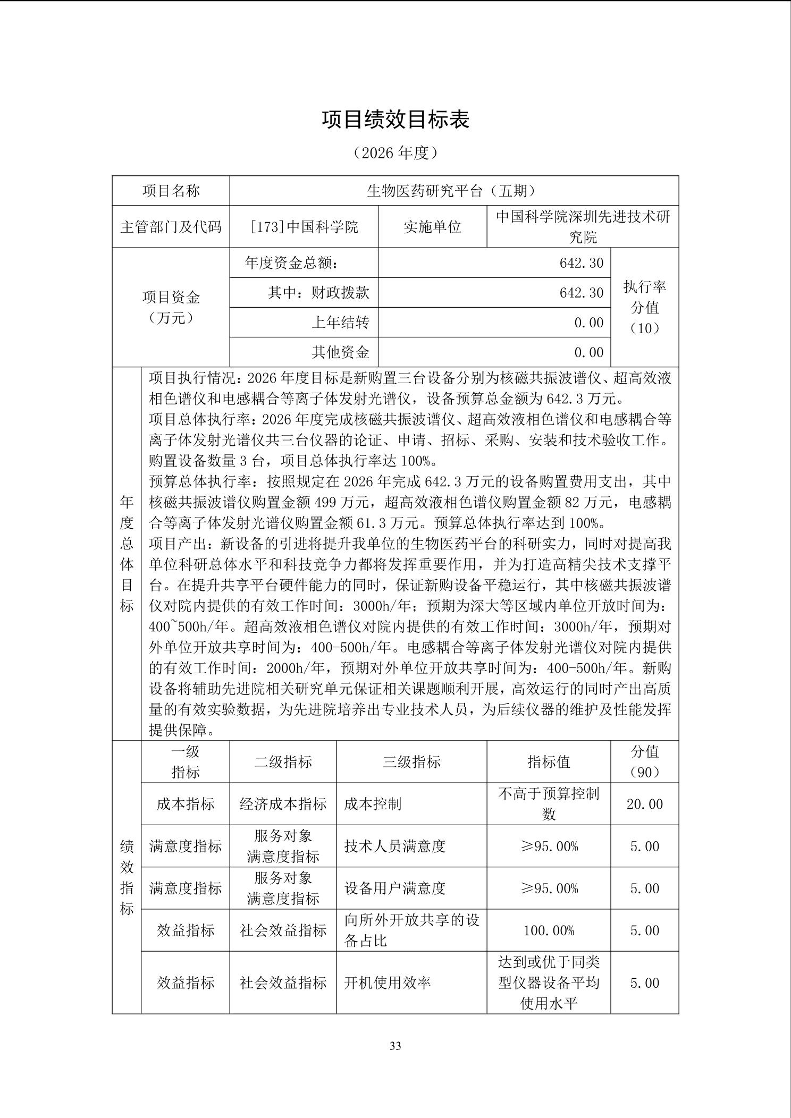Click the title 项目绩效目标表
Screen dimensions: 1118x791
(395, 120)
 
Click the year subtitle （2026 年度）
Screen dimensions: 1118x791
(395, 153)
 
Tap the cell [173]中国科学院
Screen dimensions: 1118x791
(304, 227)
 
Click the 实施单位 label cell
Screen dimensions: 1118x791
(432, 227)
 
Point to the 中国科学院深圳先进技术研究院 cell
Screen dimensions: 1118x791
(583, 227)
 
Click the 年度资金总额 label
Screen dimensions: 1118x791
(291, 262)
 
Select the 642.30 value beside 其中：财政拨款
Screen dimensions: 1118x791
(581, 293)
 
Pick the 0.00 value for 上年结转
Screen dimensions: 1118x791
(588, 323)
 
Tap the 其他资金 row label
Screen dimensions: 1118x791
(340, 352)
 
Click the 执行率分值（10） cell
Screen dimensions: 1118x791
(644, 307)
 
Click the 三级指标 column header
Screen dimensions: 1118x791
(411, 761)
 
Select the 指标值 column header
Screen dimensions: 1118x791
(549, 761)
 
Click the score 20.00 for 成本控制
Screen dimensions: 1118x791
(644, 803)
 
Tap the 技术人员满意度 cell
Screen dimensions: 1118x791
(394, 846)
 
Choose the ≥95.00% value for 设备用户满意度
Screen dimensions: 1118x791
(549, 888)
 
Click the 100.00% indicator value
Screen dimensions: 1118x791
(549, 930)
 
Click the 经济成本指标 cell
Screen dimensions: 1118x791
(283, 803)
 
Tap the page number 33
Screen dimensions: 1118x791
(395, 1046)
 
